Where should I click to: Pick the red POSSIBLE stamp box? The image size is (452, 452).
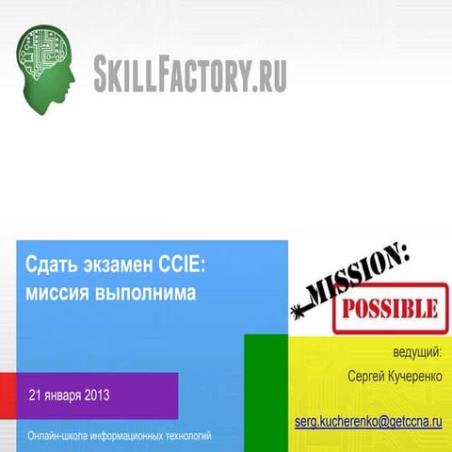387,307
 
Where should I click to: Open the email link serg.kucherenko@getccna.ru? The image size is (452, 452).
368,418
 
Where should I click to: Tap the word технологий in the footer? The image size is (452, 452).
184,436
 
